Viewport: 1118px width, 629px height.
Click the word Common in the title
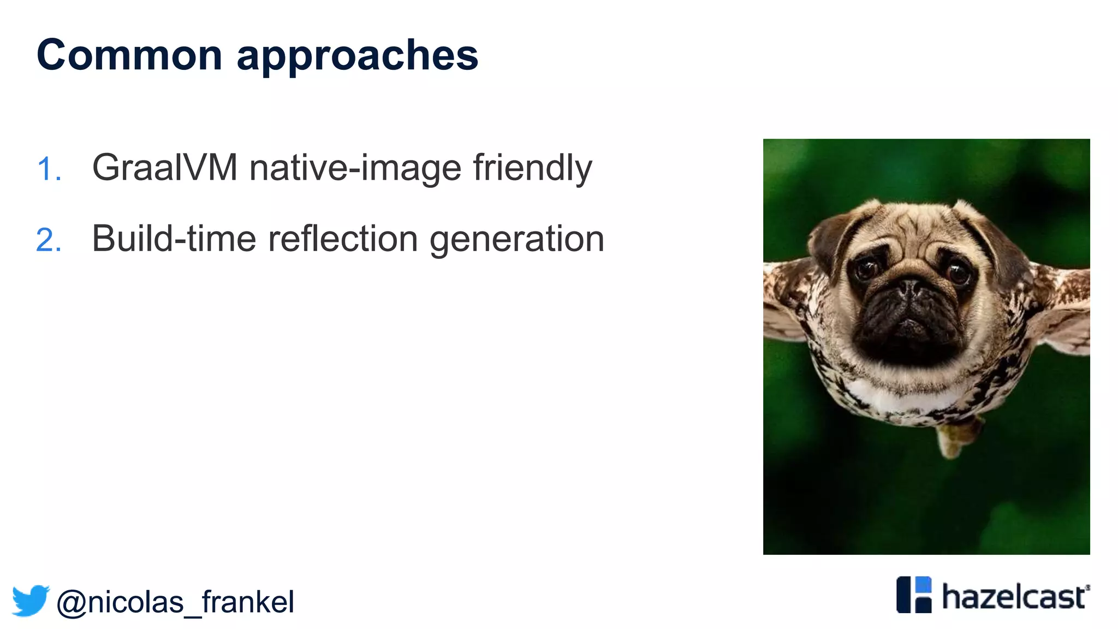pyautogui.click(x=129, y=55)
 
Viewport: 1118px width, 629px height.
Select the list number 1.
pyautogui.click(x=48, y=169)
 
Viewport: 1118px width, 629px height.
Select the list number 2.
pyautogui.click(x=48, y=240)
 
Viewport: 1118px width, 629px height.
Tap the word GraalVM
pyautogui.click(x=164, y=168)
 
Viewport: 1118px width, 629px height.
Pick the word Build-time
pyautogui.click(x=174, y=239)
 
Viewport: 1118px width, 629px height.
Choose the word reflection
pyautogui.click(x=343, y=239)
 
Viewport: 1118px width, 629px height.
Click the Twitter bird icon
pyautogui.click(x=31, y=601)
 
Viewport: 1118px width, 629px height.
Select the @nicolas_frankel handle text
pyautogui.click(x=175, y=602)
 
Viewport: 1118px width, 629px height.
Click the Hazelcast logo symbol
pyautogui.click(x=914, y=595)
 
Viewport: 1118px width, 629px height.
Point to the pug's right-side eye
pyautogui.click(x=959, y=271)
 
